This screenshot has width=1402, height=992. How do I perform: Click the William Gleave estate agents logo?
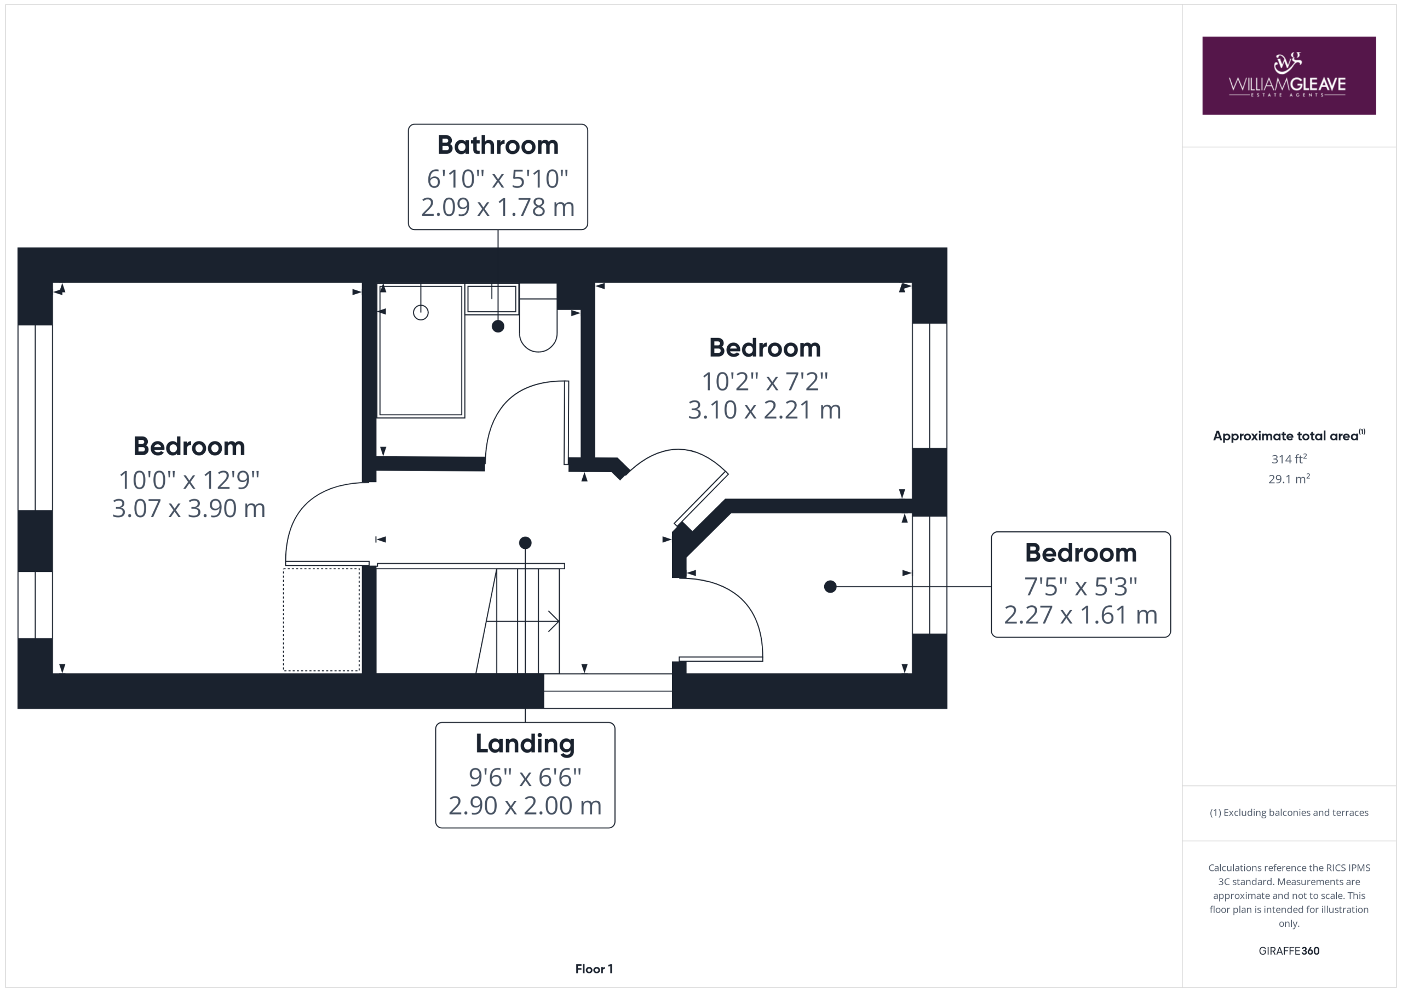(x=1289, y=76)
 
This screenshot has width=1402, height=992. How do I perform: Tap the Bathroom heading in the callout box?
(x=498, y=145)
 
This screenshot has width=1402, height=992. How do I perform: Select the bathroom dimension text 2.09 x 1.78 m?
(x=498, y=207)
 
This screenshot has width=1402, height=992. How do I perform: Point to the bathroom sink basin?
(x=492, y=299)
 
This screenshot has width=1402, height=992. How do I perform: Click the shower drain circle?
(x=421, y=313)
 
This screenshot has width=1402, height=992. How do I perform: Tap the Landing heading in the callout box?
(x=525, y=743)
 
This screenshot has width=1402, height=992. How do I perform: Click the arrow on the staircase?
(x=522, y=621)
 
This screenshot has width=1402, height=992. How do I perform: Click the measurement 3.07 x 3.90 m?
(x=189, y=508)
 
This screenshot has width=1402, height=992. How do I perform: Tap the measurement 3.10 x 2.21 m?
(x=765, y=410)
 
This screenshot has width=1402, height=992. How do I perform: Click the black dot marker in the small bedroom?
(x=830, y=587)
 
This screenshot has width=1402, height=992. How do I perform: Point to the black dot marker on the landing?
(x=525, y=542)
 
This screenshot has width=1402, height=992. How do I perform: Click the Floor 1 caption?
(x=594, y=969)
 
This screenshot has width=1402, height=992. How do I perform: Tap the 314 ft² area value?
(x=1289, y=458)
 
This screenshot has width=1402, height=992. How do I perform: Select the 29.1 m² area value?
(x=1289, y=479)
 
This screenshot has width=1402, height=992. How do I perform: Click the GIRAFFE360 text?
(x=1289, y=950)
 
